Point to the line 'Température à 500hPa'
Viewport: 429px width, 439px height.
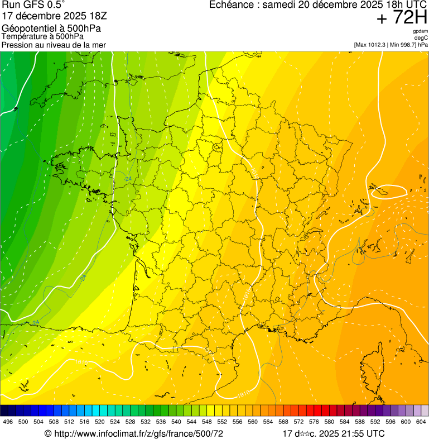click(x=43, y=36)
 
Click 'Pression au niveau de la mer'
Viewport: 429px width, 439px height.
click(x=54, y=45)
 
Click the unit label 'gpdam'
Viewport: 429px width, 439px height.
click(x=421, y=32)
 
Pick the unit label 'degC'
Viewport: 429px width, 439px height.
click(x=422, y=38)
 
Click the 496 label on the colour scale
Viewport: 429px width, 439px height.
click(x=8, y=422)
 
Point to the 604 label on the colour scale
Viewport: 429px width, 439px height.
click(x=421, y=422)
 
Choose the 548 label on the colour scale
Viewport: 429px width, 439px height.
click(x=206, y=422)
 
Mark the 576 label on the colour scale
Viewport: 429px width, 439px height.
click(x=314, y=422)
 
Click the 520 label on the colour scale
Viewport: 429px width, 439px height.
click(x=100, y=422)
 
